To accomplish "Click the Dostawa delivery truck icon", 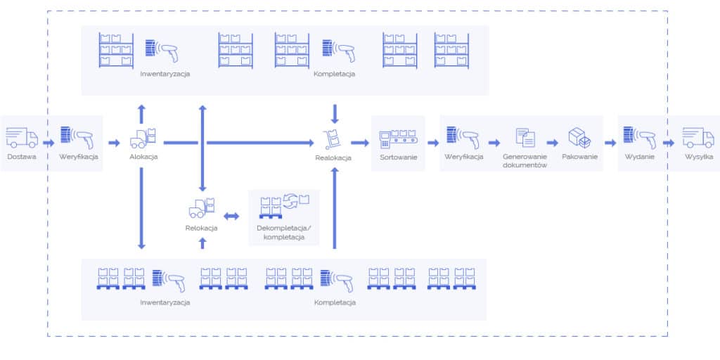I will [22, 136].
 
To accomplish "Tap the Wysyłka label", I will [699, 157].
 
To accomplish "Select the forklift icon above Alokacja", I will [143, 138].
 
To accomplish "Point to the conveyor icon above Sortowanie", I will [398, 138].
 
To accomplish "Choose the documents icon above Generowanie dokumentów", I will [525, 137].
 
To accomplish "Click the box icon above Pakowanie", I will [579, 137].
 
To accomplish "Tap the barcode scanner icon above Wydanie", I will [639, 137].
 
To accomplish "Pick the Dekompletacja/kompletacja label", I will [283, 233].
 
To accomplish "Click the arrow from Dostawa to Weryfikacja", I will [49, 143].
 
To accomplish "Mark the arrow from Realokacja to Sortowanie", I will [360, 143].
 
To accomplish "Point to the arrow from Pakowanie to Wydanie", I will [610, 143].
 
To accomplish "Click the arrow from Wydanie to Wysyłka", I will [669, 143].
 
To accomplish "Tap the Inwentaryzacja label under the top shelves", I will [165, 74].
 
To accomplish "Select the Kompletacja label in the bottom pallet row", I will [335, 302].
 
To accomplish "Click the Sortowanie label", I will [398, 157].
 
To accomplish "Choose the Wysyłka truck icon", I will [698, 136].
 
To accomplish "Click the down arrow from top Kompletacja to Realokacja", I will [335, 112].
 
